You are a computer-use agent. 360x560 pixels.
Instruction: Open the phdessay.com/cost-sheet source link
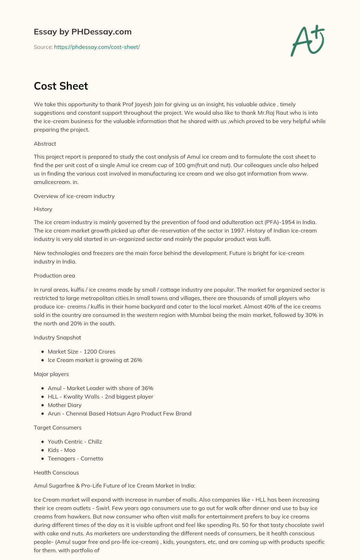pos(97,47)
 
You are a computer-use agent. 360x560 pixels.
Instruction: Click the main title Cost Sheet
pos(61,86)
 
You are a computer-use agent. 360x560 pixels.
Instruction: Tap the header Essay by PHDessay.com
pos(83,32)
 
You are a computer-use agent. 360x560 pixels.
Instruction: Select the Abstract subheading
pos(45,144)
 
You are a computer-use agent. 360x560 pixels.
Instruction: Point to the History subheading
pos(43,209)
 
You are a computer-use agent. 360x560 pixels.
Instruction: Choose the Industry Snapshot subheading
pos(57,337)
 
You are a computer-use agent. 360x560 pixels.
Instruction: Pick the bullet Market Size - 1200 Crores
pos(82,351)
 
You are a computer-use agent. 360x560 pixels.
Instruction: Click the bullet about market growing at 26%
pos(95,360)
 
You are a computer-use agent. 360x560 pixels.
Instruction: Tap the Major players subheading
pos(51,374)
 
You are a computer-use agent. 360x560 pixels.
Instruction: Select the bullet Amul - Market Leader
pos(101,388)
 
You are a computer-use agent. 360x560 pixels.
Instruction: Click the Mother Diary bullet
pos(65,405)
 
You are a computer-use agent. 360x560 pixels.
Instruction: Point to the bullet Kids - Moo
pos(62,450)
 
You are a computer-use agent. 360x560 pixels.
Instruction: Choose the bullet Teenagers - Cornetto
pos(75,458)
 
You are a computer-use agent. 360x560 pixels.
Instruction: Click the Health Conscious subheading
pos(56,472)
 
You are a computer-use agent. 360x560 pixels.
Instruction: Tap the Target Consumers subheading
pos(58,427)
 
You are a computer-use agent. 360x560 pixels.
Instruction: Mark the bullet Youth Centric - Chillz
pos(75,441)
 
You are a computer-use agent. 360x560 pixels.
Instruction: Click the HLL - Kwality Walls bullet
pos(101,396)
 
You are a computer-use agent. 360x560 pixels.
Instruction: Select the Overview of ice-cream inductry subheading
pos(74,196)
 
